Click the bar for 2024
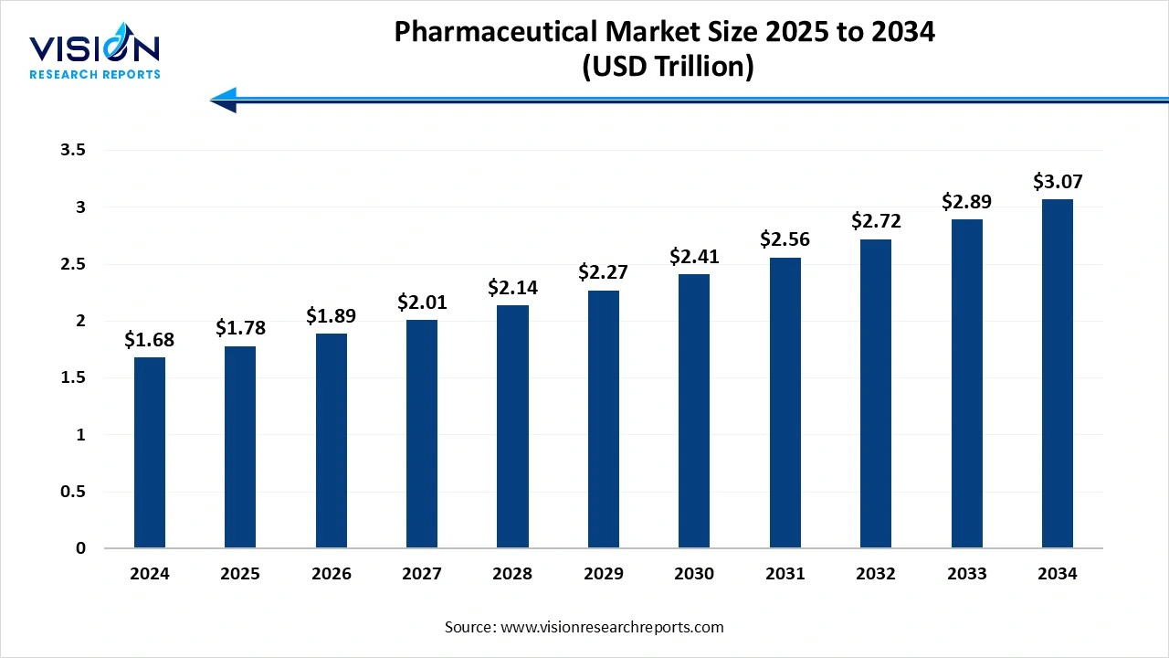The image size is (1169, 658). [150, 452]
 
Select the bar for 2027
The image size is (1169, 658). [422, 434]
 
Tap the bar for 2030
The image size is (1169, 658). [694, 411]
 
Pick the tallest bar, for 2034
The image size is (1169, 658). [1058, 374]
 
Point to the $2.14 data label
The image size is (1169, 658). [512, 287]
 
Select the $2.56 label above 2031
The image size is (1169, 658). [785, 239]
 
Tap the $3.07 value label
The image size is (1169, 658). [1058, 181]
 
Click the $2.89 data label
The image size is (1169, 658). [966, 201]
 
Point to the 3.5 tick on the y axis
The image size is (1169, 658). [73, 151]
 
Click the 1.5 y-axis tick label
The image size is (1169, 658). [73, 378]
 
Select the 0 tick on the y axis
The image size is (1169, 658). [81, 548]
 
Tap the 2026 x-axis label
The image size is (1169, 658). [331, 574]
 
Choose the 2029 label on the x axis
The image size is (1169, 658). [603, 574]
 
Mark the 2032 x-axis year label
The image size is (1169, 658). [876, 574]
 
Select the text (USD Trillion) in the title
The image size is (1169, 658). [667, 68]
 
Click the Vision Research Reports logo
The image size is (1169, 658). [95, 55]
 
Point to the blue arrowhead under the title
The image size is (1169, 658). [225, 99]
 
